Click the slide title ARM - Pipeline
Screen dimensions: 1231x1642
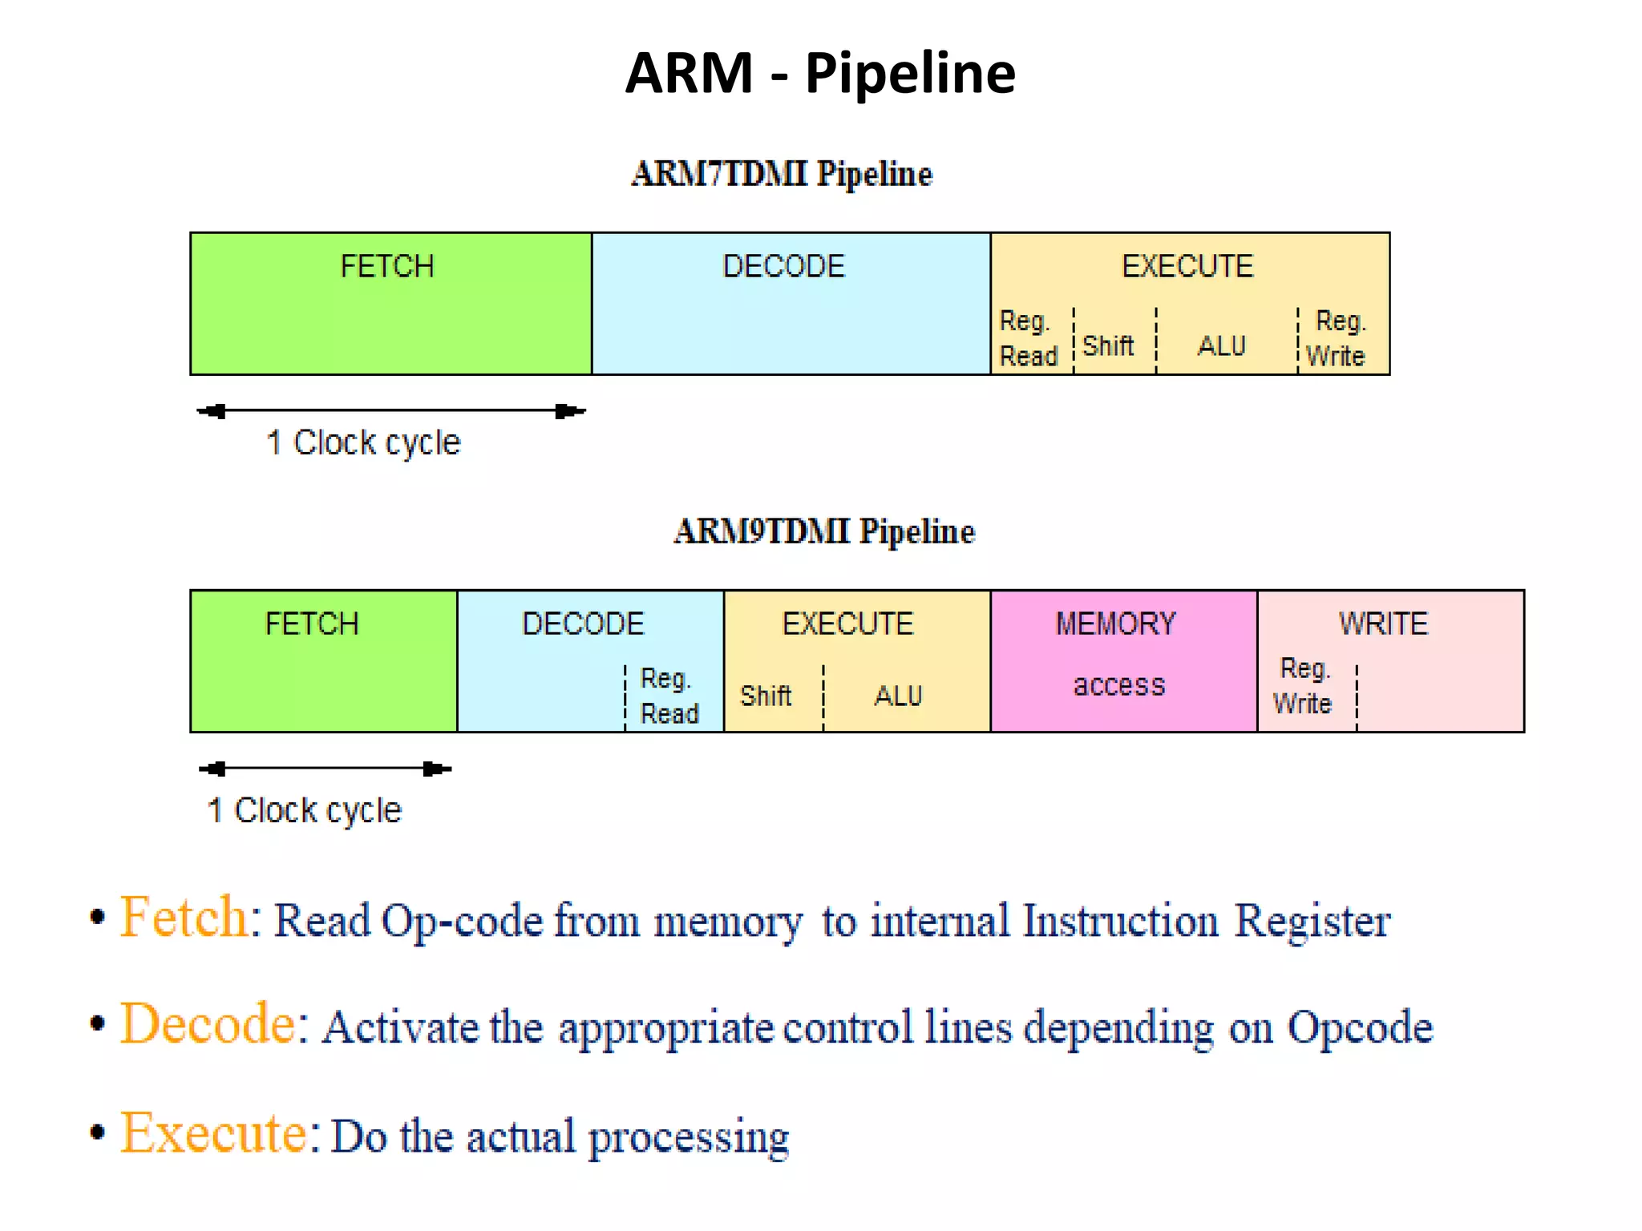point(819,74)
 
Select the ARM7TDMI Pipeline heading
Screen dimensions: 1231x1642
point(782,174)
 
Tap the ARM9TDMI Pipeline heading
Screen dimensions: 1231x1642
point(823,531)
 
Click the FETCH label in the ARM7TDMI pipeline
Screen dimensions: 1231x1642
point(387,266)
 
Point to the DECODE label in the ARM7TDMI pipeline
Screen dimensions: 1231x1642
point(783,266)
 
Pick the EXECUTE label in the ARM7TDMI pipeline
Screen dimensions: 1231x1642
point(1187,266)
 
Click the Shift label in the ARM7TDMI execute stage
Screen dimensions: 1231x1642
point(1107,346)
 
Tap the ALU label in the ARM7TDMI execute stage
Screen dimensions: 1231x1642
point(1221,346)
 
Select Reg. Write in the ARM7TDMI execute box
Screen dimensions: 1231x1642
point(1337,338)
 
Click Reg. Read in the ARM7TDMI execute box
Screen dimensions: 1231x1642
point(1028,338)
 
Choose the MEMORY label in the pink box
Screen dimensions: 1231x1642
point(1115,624)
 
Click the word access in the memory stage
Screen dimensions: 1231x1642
point(1118,685)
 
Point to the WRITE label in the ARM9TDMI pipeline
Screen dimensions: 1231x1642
point(1383,624)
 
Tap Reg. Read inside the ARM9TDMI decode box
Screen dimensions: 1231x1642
point(669,696)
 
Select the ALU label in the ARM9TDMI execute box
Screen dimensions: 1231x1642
point(898,696)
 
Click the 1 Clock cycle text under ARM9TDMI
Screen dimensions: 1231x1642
point(305,810)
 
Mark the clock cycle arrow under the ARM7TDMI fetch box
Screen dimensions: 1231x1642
point(391,411)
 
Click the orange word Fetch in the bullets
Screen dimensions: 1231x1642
point(184,917)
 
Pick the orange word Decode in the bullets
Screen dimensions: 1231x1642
point(208,1024)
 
